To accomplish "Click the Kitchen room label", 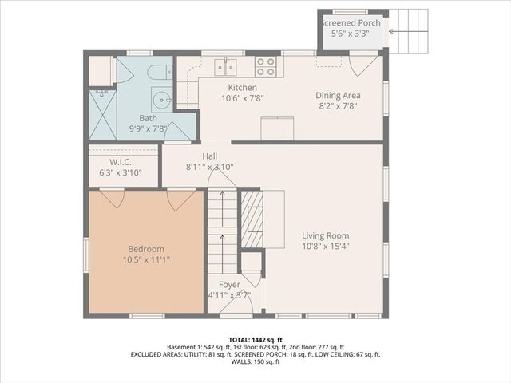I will click(242, 88).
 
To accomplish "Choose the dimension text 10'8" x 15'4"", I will click(325, 247).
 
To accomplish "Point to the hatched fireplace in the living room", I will click(252, 217).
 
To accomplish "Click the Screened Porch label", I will click(352, 23).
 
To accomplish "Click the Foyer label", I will click(230, 285).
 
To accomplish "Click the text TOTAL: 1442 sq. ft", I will click(255, 339).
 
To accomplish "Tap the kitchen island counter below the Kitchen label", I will click(277, 128).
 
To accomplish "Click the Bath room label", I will click(149, 118).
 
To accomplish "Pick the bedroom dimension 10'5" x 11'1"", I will click(146, 259).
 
